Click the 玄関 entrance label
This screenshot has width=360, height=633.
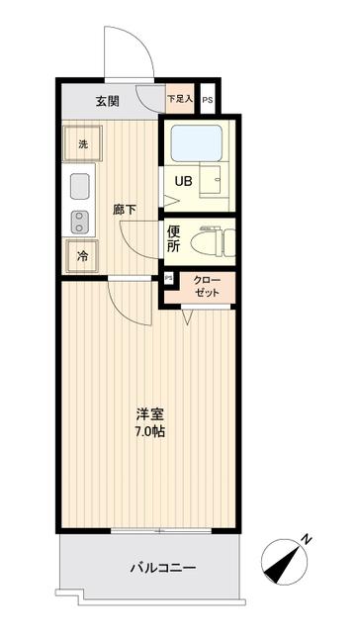tap(109, 100)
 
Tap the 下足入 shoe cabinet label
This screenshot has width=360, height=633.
tap(179, 99)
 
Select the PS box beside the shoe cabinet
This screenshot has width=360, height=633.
tap(208, 100)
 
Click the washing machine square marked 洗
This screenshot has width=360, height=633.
tap(82, 142)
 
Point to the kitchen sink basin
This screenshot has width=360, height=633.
tap(79, 186)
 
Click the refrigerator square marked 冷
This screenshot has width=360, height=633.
tap(82, 255)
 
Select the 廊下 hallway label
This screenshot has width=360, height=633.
tap(125, 209)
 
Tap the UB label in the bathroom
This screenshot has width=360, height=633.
tap(184, 181)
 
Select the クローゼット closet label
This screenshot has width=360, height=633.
tap(208, 288)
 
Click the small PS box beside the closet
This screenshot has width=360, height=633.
tap(168, 278)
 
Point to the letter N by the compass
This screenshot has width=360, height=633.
tap(307, 539)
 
